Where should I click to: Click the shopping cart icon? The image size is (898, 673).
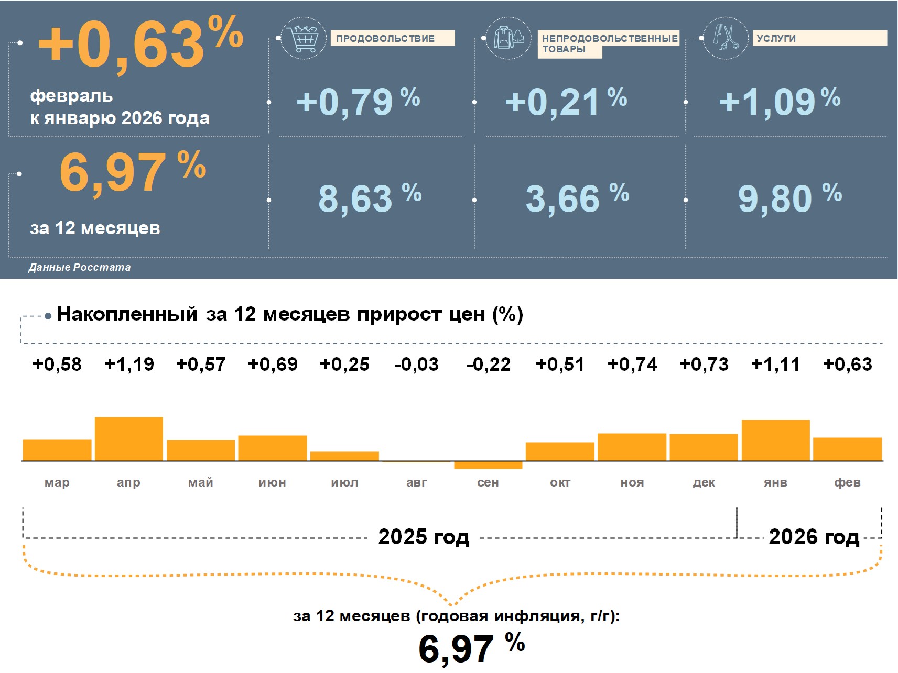(303, 38)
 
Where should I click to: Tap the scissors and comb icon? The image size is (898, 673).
(725, 38)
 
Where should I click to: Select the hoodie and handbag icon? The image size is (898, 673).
(508, 38)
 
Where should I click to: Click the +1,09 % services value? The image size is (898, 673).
(779, 101)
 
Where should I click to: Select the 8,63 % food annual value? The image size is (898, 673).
(370, 198)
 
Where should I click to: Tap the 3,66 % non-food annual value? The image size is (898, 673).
(577, 198)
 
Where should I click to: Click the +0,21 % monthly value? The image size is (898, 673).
(566, 101)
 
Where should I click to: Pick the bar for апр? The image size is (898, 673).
(129, 439)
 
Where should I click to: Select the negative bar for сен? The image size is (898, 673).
(488, 465)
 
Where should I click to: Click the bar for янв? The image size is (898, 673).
(775, 440)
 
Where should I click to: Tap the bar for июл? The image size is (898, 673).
(344, 456)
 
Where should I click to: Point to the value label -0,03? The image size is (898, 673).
(416, 364)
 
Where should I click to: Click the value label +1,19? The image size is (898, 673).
(129, 364)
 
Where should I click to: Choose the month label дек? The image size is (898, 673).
(704, 482)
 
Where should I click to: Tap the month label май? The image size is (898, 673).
(201, 482)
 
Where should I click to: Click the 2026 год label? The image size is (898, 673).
(814, 537)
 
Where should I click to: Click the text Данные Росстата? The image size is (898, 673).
(80, 267)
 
